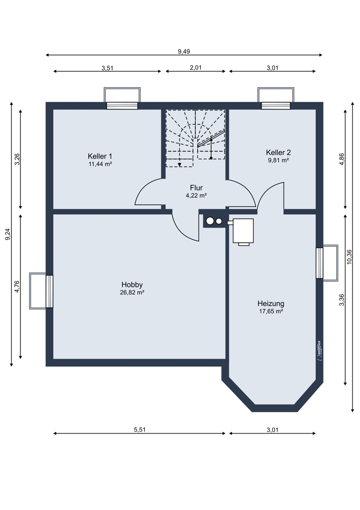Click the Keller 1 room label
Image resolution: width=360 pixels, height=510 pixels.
pyautogui.click(x=100, y=156)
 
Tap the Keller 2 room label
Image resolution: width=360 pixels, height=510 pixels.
pyautogui.click(x=278, y=152)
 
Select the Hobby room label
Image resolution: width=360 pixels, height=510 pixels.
pyautogui.click(x=132, y=285)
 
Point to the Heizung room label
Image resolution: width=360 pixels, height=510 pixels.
pyautogui.click(x=271, y=303)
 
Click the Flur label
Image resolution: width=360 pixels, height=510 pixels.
pyautogui.click(x=196, y=188)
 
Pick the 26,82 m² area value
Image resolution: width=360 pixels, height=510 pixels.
pyautogui.click(x=132, y=292)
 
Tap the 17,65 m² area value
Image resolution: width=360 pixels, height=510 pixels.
pyautogui.click(x=271, y=311)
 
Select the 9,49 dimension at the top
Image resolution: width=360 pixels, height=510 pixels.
pyautogui.click(x=184, y=51)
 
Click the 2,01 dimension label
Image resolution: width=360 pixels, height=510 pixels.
pyautogui.click(x=196, y=68)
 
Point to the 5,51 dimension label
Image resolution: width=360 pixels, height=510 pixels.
pyautogui.click(x=140, y=429)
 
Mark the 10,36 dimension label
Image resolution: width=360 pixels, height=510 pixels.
pyautogui.click(x=349, y=257)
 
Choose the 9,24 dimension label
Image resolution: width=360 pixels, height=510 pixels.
pyautogui.click(x=8, y=234)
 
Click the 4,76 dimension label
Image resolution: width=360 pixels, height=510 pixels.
pyautogui.click(x=17, y=287)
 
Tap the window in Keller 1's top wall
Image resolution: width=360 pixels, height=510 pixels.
pyautogui.click(x=122, y=106)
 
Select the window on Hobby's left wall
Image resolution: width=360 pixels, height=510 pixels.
pyautogui.click(x=49, y=291)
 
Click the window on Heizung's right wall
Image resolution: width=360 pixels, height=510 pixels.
pyautogui.click(x=320, y=263)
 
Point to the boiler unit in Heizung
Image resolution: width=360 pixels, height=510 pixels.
pyautogui.click(x=243, y=232)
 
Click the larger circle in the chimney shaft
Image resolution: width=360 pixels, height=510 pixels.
pyautogui.click(x=210, y=221)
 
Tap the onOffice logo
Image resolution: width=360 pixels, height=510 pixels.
pyautogui.click(x=319, y=350)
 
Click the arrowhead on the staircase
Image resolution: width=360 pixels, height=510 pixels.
pyautogui.click(x=179, y=165)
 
